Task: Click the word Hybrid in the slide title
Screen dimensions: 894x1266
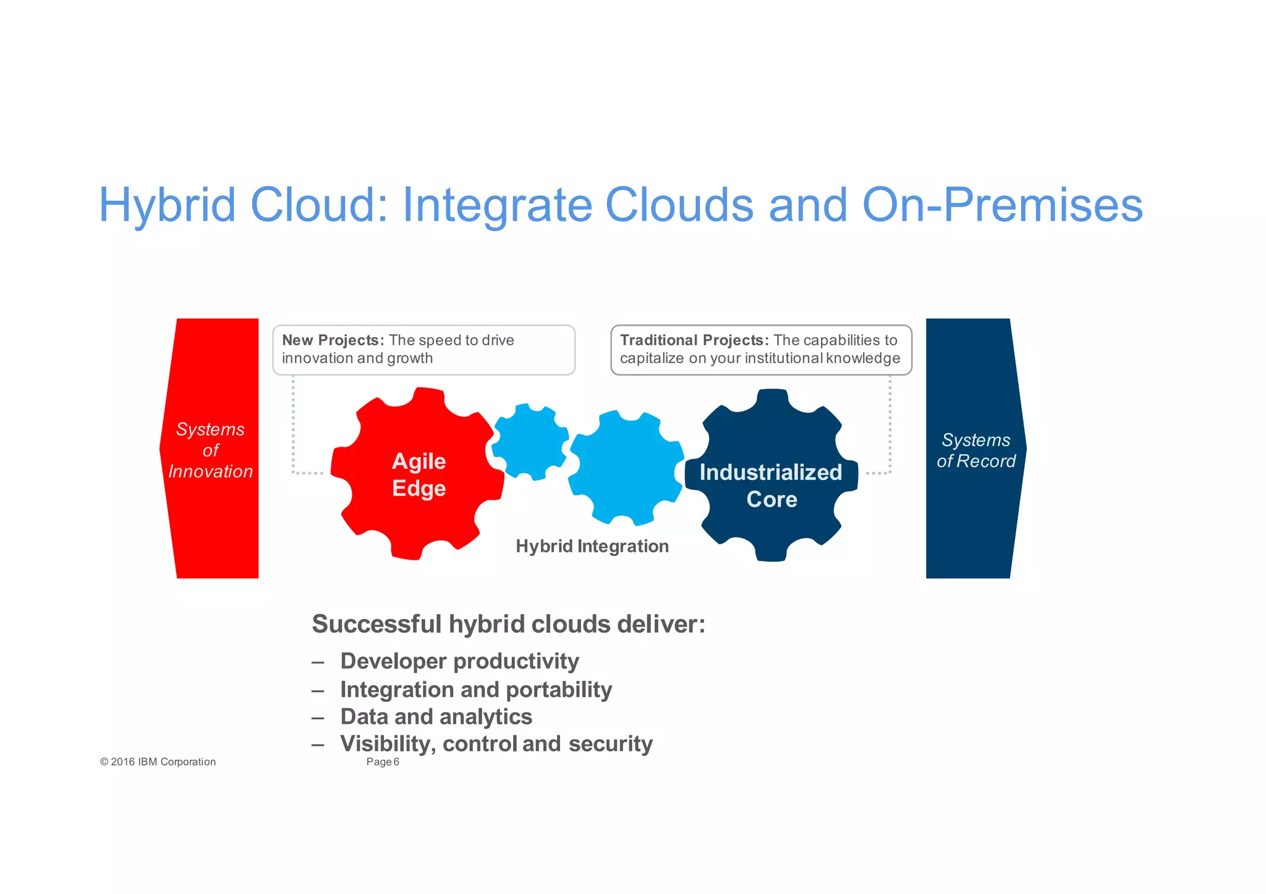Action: (x=168, y=206)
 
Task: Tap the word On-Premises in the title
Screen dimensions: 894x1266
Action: (x=1002, y=206)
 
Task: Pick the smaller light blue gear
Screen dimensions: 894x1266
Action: (x=530, y=442)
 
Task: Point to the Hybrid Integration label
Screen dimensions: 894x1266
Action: (x=592, y=546)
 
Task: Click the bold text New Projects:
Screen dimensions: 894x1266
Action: (x=333, y=340)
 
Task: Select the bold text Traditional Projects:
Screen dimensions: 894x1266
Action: (x=694, y=340)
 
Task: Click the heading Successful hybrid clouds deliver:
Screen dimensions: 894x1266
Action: (x=508, y=624)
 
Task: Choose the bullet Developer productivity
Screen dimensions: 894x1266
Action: (x=459, y=661)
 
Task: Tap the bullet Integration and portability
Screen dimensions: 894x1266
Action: (x=476, y=689)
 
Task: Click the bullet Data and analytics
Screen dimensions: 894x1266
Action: (x=436, y=717)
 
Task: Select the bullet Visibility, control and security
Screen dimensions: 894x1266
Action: (x=496, y=744)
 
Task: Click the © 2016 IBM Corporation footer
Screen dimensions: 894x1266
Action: (x=158, y=762)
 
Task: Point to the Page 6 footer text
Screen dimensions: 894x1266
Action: (x=383, y=762)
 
